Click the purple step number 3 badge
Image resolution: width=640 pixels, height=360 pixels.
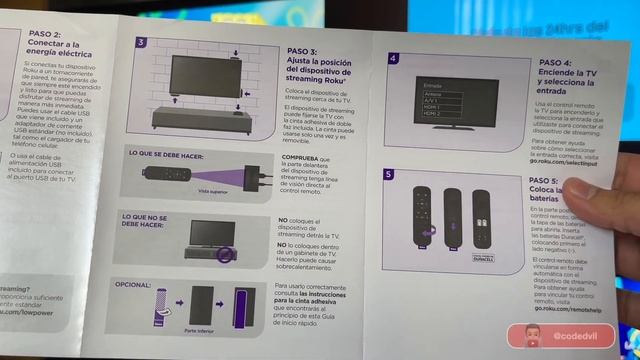click(x=141, y=43)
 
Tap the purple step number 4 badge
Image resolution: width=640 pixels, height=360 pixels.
click(x=394, y=59)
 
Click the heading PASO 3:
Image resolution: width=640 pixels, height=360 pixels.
click(x=302, y=50)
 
